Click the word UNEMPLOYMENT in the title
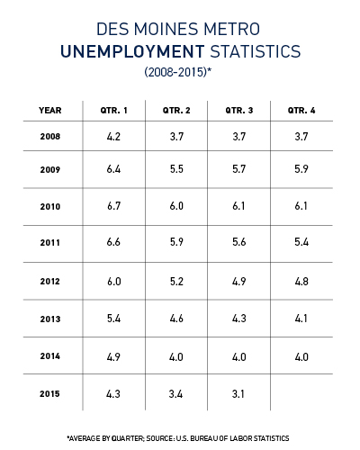132,51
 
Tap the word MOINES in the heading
166,29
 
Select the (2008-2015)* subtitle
178,72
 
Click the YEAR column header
50,111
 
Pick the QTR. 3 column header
239,111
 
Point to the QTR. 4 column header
301,111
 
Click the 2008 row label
50,137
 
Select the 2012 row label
50,282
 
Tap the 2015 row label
49,393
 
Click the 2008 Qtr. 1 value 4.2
113,137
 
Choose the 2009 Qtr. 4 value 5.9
301,169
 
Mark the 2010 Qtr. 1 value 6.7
113,206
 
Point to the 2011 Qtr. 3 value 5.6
239,242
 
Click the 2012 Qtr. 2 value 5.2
176,282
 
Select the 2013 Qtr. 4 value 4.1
301,319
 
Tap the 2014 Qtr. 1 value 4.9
113,357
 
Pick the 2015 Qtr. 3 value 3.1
238,394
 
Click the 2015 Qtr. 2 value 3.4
175,394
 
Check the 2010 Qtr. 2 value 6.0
176,206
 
